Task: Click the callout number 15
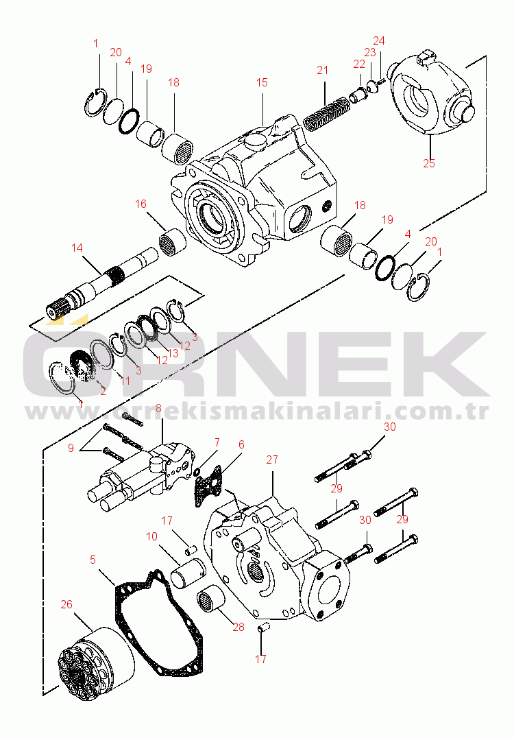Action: pos(262,82)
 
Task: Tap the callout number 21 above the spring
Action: pos(323,69)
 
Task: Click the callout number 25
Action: pos(429,163)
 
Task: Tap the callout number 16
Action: pos(140,204)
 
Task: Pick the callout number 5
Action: pos(93,559)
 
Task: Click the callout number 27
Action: pos(272,459)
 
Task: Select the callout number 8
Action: pos(158,409)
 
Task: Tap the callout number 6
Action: pos(241,444)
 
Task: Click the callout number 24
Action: pos(379,40)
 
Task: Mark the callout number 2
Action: pos(103,391)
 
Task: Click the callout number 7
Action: pos(217,442)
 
